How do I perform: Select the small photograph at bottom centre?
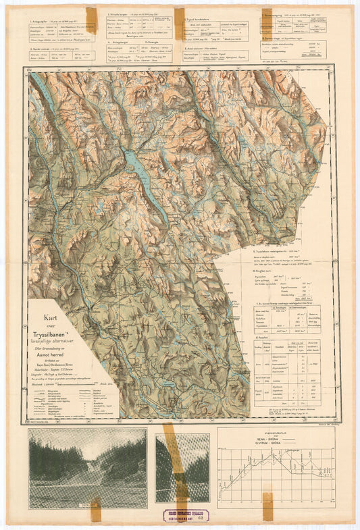pyautogui.click(x=182, y=467)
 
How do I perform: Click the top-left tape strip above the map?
pyautogui.click(x=91, y=20)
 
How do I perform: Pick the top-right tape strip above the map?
pyautogui.click(x=267, y=20)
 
